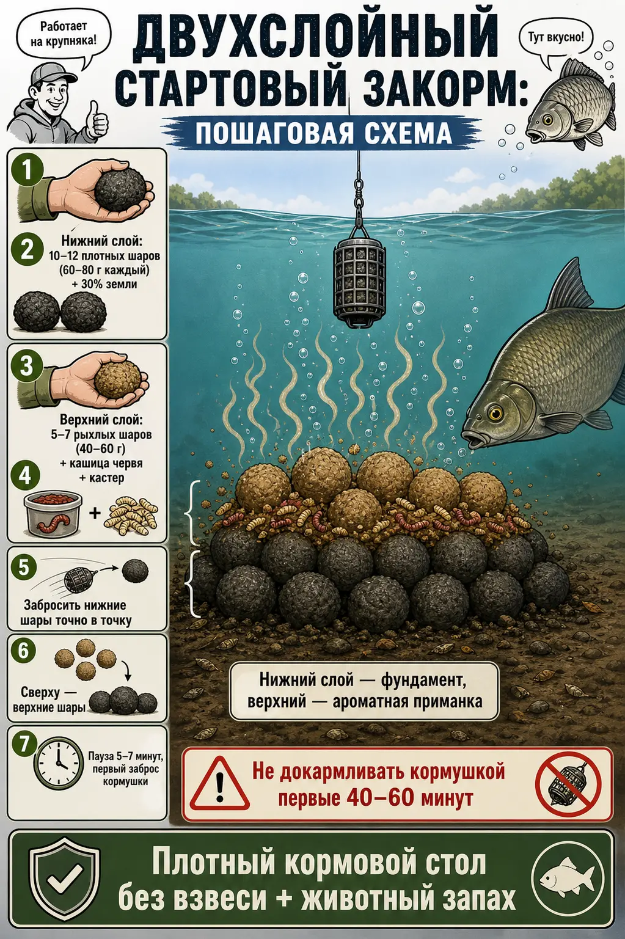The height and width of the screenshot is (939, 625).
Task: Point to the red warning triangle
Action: pyautogui.click(x=219, y=783)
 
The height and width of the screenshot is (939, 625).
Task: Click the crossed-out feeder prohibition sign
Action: pyautogui.click(x=569, y=783)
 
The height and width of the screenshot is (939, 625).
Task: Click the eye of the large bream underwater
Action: pyautogui.click(x=495, y=414)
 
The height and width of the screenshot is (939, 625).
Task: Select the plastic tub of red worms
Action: pyautogui.click(x=53, y=514)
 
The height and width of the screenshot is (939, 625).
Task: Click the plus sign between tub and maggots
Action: pyautogui.click(x=95, y=513)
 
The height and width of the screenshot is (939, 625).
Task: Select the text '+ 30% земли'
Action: pyautogui.click(x=104, y=284)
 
